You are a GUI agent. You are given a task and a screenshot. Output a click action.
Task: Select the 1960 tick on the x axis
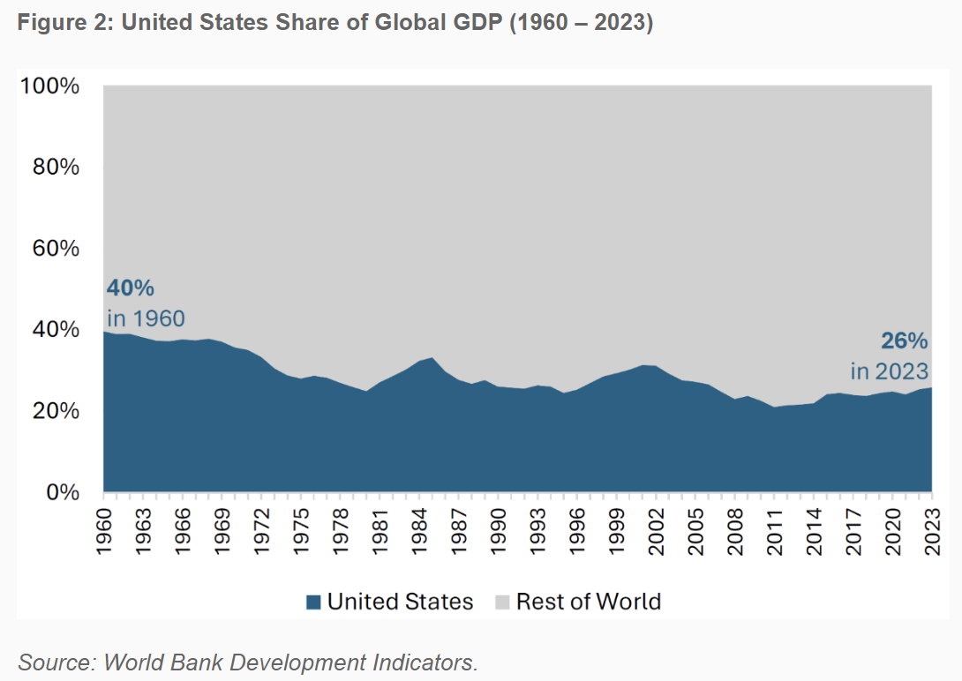(104, 526)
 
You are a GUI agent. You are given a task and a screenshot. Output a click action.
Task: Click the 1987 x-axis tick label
(459, 526)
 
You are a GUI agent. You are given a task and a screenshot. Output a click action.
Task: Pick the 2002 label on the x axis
(657, 526)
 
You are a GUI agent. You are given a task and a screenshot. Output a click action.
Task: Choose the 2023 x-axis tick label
(932, 526)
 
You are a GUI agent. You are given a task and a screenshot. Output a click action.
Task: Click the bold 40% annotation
(131, 288)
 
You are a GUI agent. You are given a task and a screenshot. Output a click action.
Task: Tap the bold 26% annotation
(904, 341)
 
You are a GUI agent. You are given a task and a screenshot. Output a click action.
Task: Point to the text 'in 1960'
(146, 318)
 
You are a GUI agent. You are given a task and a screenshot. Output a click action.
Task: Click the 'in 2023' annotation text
(890, 370)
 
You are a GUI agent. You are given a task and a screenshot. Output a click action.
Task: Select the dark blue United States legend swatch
(312, 602)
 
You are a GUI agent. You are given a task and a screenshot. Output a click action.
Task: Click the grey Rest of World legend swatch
(502, 602)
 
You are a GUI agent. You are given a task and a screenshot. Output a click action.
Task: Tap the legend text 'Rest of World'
(589, 602)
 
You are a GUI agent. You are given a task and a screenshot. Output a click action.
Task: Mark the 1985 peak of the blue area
(432, 358)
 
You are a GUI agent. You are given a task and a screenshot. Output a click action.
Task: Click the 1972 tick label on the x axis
(262, 526)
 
